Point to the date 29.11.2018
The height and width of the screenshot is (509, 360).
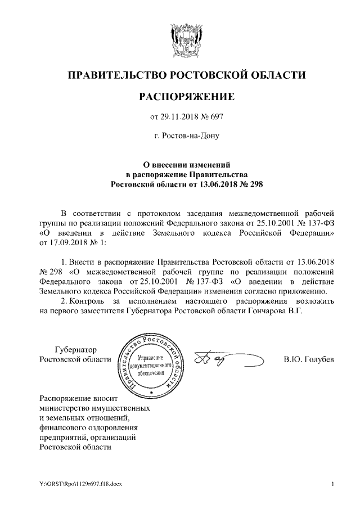(179, 117)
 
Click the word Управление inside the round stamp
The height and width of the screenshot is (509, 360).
(151, 358)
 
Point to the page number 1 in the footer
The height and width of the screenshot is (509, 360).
(332, 484)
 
